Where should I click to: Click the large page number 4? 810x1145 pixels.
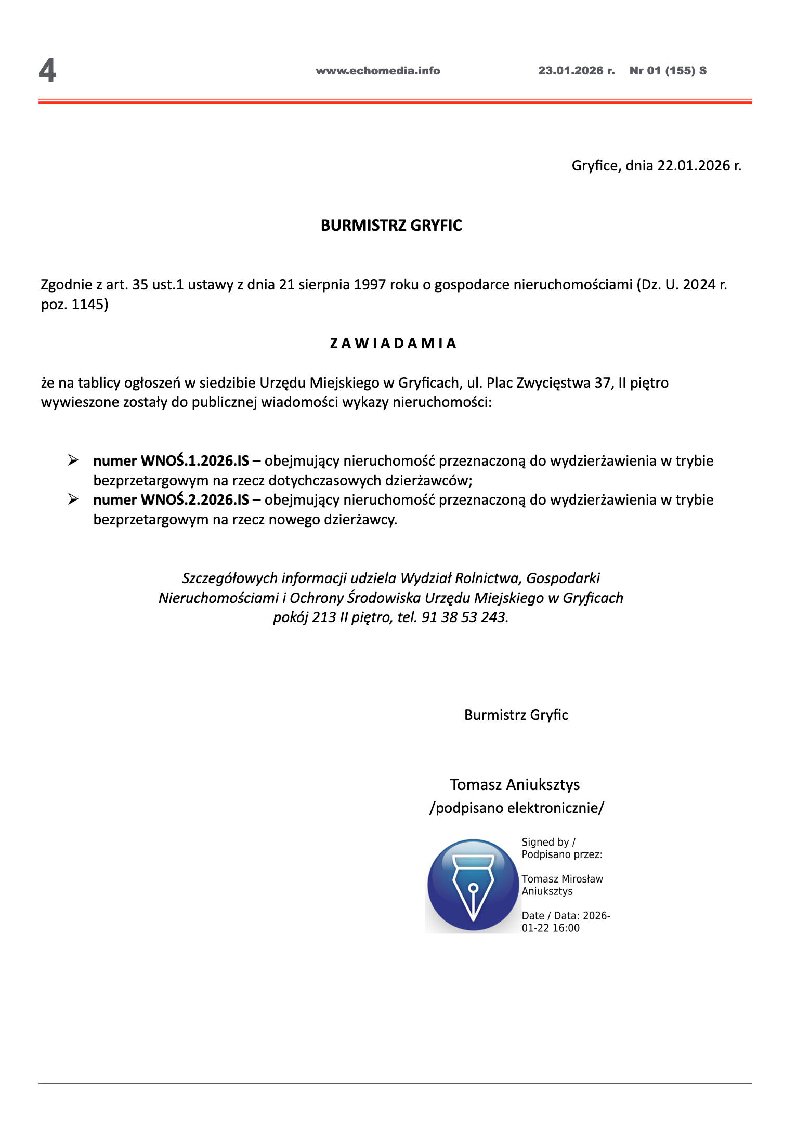(x=47, y=71)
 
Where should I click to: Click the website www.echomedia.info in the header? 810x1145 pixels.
(x=377, y=71)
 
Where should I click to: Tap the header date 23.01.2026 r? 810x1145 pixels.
(x=576, y=71)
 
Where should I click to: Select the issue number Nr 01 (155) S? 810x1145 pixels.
(x=668, y=71)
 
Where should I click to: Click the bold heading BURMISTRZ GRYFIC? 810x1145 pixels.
(x=391, y=226)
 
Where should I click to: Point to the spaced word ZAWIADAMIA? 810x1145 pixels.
(x=393, y=344)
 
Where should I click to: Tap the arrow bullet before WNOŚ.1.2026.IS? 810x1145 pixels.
(x=73, y=460)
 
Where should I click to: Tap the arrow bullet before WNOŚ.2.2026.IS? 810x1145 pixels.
(x=73, y=499)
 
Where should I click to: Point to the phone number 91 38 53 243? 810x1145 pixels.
(x=464, y=617)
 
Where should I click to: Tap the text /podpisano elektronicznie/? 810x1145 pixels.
(x=516, y=808)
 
